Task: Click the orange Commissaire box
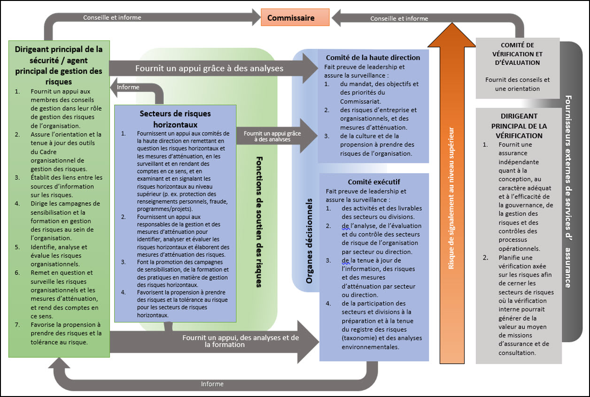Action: click(295, 18)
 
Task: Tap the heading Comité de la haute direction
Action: click(373, 58)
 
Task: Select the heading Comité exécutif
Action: click(374, 182)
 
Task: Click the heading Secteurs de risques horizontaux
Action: click(175, 119)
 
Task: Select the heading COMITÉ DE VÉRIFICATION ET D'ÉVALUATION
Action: click(517, 54)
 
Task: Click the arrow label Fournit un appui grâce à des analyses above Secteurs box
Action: click(209, 68)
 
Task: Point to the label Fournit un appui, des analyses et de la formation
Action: click(241, 341)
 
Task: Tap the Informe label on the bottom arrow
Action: click(212, 384)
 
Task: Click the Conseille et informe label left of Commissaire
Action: click(112, 18)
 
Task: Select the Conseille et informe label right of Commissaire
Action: click(399, 19)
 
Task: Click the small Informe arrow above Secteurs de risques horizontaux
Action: click(128, 87)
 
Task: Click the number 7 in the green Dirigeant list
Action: click(17, 325)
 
